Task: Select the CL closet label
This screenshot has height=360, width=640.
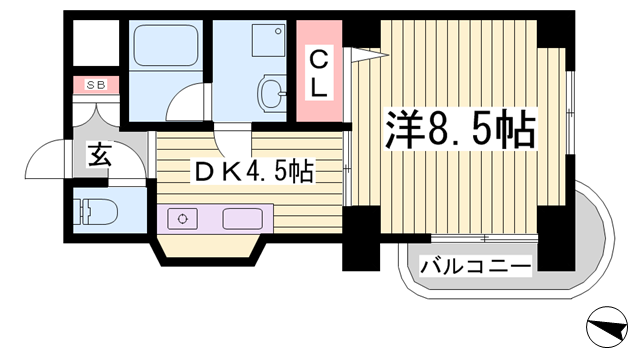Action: click(x=318, y=73)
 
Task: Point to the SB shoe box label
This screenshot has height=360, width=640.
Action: click(x=96, y=85)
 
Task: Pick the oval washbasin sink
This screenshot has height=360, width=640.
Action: click(x=271, y=95)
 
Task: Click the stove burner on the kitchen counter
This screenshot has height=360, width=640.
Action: click(x=183, y=217)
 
